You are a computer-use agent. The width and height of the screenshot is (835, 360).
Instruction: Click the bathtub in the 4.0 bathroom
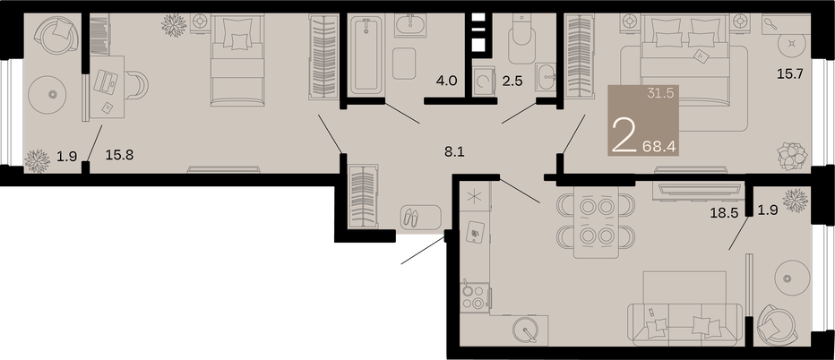click(366, 56)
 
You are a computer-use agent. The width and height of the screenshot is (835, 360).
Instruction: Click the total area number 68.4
click(659, 146)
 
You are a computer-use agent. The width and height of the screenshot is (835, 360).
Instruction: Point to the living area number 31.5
click(661, 93)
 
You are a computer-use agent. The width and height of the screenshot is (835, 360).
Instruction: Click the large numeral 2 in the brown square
click(624, 136)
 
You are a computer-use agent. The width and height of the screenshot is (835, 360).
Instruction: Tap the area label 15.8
click(119, 156)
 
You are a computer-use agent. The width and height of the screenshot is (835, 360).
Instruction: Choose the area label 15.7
click(789, 74)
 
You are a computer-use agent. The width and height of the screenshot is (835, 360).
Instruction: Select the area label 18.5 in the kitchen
click(724, 213)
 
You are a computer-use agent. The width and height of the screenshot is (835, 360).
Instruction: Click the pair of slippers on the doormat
click(411, 217)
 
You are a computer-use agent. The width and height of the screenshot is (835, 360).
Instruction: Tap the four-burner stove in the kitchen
click(473, 297)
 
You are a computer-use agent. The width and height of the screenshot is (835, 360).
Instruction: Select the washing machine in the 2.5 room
click(484, 81)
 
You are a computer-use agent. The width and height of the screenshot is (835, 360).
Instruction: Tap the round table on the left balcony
click(52, 95)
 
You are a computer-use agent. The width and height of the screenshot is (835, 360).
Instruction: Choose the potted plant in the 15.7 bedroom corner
click(792, 157)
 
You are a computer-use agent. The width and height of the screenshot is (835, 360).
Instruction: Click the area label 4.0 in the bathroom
click(447, 81)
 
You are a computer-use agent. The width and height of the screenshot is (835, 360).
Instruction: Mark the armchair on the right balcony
click(777, 325)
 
